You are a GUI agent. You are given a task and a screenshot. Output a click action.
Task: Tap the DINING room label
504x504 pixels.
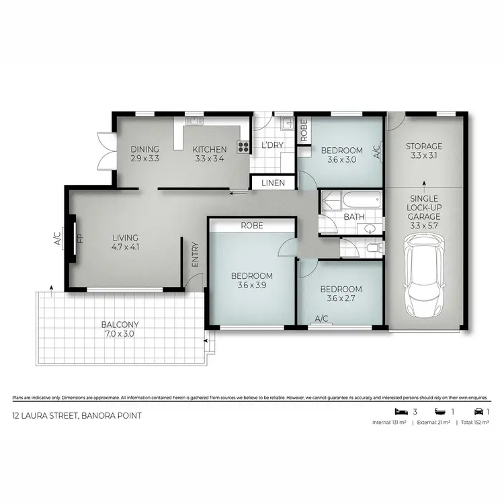click(145, 149)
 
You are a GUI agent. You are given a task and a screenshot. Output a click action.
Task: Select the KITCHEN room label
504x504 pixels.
click(209, 149)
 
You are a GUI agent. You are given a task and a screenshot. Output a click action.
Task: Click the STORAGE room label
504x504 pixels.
click(424, 146)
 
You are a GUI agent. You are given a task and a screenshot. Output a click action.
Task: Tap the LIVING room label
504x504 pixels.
click(126, 238)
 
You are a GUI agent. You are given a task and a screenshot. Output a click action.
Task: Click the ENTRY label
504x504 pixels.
click(196, 255)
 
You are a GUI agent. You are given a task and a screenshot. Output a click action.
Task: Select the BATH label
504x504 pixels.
click(354, 217)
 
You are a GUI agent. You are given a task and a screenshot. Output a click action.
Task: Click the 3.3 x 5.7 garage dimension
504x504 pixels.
click(424, 227)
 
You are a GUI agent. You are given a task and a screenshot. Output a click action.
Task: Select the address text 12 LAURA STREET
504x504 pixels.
click(77, 415)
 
